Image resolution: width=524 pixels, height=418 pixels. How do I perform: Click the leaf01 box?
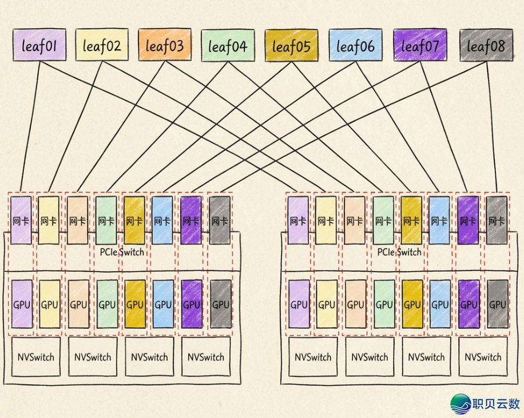(x=39, y=46)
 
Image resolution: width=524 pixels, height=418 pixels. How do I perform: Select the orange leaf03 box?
(x=165, y=46)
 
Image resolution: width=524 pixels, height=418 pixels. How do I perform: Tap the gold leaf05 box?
(x=291, y=46)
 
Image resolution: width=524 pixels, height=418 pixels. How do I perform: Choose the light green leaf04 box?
(x=228, y=46)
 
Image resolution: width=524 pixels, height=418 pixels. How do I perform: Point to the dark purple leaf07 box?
(x=420, y=46)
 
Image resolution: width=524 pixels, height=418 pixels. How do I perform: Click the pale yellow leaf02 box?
(x=102, y=46)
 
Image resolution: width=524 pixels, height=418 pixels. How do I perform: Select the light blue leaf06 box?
(x=355, y=46)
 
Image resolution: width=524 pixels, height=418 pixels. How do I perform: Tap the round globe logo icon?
(x=461, y=404)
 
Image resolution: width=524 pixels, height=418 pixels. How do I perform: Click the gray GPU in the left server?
(x=220, y=304)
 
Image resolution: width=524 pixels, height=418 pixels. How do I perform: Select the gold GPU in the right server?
(x=411, y=304)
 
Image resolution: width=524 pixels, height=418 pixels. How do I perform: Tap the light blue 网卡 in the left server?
(x=163, y=220)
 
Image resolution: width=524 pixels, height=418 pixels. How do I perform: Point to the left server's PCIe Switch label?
(x=122, y=252)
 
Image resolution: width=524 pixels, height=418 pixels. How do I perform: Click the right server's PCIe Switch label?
(x=399, y=252)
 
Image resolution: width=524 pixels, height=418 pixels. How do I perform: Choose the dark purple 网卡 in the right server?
(x=469, y=220)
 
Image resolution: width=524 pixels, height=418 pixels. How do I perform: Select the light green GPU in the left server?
(x=106, y=304)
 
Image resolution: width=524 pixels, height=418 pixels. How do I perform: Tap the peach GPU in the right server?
(x=355, y=304)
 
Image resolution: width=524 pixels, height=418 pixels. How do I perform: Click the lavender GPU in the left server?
(x=22, y=304)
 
